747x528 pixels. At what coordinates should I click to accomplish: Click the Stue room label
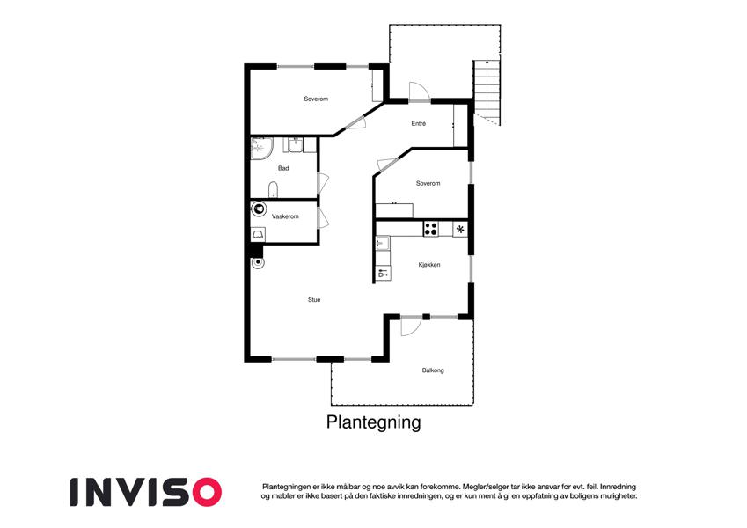pos(314,300)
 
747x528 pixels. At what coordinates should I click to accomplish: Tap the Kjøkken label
pos(429,265)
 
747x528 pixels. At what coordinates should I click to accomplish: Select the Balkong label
pos(433,370)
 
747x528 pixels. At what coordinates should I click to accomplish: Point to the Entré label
pos(418,123)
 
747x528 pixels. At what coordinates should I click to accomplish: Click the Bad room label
pos(283,168)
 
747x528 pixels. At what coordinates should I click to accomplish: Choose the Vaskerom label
pos(285,216)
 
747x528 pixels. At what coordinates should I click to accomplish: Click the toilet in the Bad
pos(273,189)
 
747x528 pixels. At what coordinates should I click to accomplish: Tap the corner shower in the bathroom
pos(261,148)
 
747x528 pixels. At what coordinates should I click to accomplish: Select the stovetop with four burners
pos(430,229)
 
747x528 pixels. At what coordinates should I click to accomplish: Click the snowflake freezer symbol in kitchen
pos(460,229)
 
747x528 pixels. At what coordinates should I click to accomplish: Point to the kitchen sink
pos(382,244)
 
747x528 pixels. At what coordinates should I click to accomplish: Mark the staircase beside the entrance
pos(487,92)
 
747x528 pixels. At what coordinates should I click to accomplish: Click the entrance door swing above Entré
pos(419,92)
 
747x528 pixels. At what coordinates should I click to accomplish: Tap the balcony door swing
pos(411,326)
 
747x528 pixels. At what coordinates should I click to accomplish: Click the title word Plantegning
pos(373,422)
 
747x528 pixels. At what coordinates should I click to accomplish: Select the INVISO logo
pos(146,492)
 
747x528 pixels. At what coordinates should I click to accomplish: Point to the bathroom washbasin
pos(296,145)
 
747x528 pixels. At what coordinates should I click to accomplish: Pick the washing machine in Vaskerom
pos(258,234)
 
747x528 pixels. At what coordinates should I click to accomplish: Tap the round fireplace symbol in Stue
pos(257,262)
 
